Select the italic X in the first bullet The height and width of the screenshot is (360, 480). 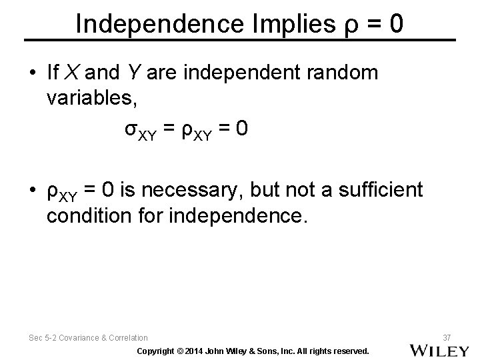click(x=75, y=73)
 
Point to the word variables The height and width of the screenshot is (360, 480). click(x=92, y=98)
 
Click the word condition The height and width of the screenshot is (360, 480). click(x=94, y=217)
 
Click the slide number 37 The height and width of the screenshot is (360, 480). click(x=447, y=337)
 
